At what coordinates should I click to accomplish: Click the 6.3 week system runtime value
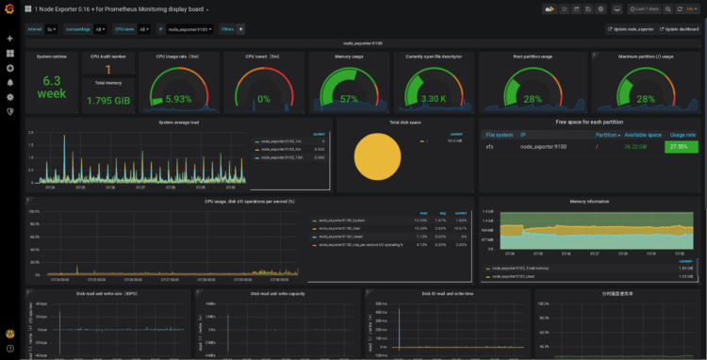(51, 87)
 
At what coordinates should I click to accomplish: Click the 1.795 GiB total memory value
(107, 100)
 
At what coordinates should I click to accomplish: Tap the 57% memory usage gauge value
(349, 99)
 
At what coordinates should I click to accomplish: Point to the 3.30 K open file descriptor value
(433, 99)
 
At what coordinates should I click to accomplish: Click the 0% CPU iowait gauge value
(263, 99)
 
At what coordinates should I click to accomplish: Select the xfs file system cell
(489, 147)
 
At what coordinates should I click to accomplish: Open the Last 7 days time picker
(647, 8)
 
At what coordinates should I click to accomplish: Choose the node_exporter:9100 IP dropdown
(189, 29)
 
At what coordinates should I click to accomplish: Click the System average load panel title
(179, 122)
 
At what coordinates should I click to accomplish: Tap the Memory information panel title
(589, 201)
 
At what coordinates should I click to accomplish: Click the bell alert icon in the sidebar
(10, 82)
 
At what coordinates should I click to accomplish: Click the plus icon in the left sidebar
(10, 40)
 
